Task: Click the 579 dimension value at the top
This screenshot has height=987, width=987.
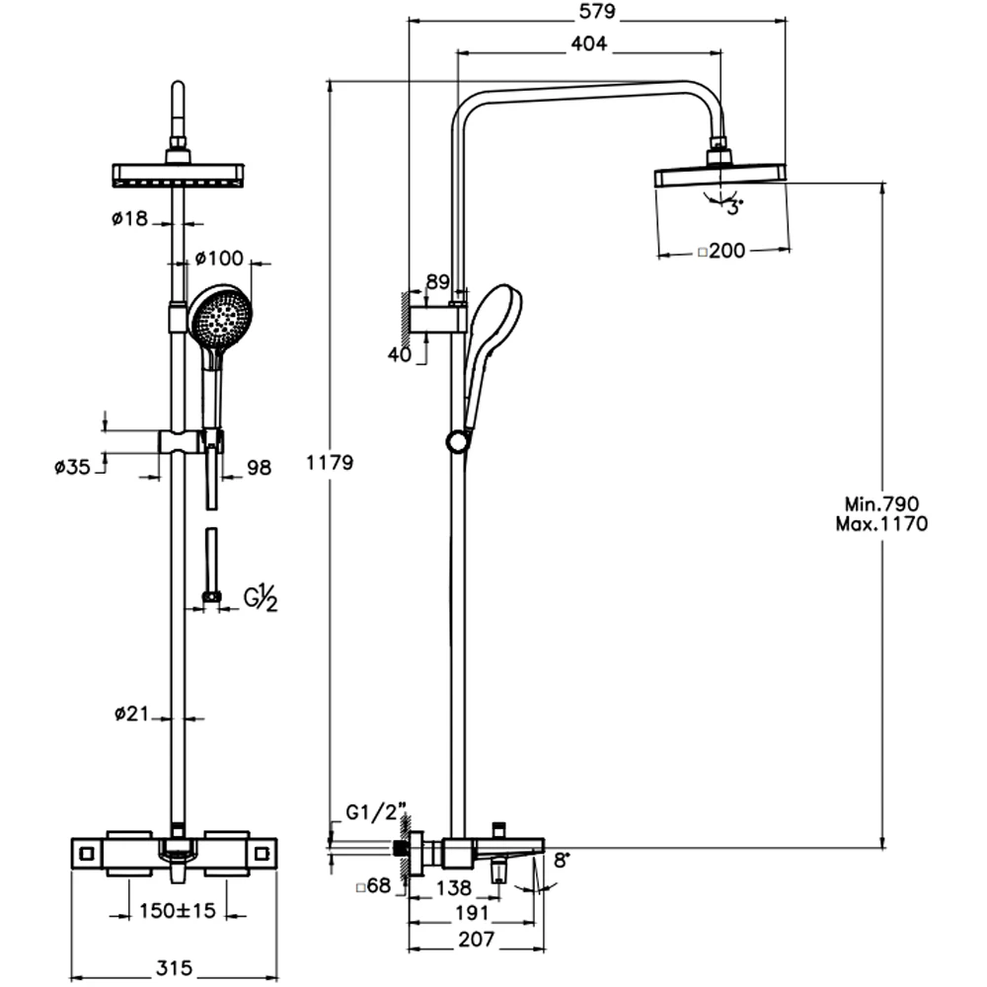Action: coord(597,11)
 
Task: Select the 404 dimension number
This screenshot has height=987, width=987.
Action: coord(588,43)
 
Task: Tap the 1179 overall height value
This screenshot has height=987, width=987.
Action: coord(330,463)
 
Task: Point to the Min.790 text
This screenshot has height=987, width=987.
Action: coord(881,503)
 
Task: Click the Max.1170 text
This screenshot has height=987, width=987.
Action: coord(881,524)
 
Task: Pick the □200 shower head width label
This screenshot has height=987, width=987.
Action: coord(721,251)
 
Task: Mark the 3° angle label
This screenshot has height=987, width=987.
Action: coord(734,206)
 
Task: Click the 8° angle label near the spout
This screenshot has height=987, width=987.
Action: coord(561,860)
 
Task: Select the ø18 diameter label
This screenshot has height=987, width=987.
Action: coord(129,218)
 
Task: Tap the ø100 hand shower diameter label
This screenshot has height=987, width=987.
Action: coord(218,258)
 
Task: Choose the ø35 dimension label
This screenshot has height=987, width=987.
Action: coord(72,467)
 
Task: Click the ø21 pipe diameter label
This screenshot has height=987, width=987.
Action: coord(131,714)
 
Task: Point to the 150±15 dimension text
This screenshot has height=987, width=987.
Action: coord(177,910)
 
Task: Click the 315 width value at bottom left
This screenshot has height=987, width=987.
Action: coord(174,967)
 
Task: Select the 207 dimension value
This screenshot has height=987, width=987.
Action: coord(477,940)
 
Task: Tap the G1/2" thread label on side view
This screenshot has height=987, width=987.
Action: coord(376,812)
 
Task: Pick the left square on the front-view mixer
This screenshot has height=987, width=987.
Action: coord(88,854)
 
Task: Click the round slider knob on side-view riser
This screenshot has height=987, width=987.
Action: coord(458,441)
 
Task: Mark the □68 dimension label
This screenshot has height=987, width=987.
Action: coord(373,886)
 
